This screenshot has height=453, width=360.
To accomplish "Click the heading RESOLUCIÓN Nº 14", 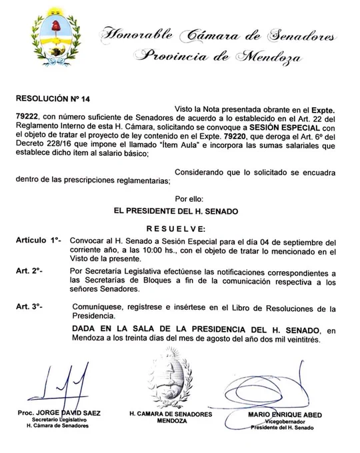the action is pos(52,98).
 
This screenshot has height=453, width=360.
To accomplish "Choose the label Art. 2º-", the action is pos(29,272).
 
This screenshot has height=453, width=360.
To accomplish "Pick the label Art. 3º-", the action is pos(29,306).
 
